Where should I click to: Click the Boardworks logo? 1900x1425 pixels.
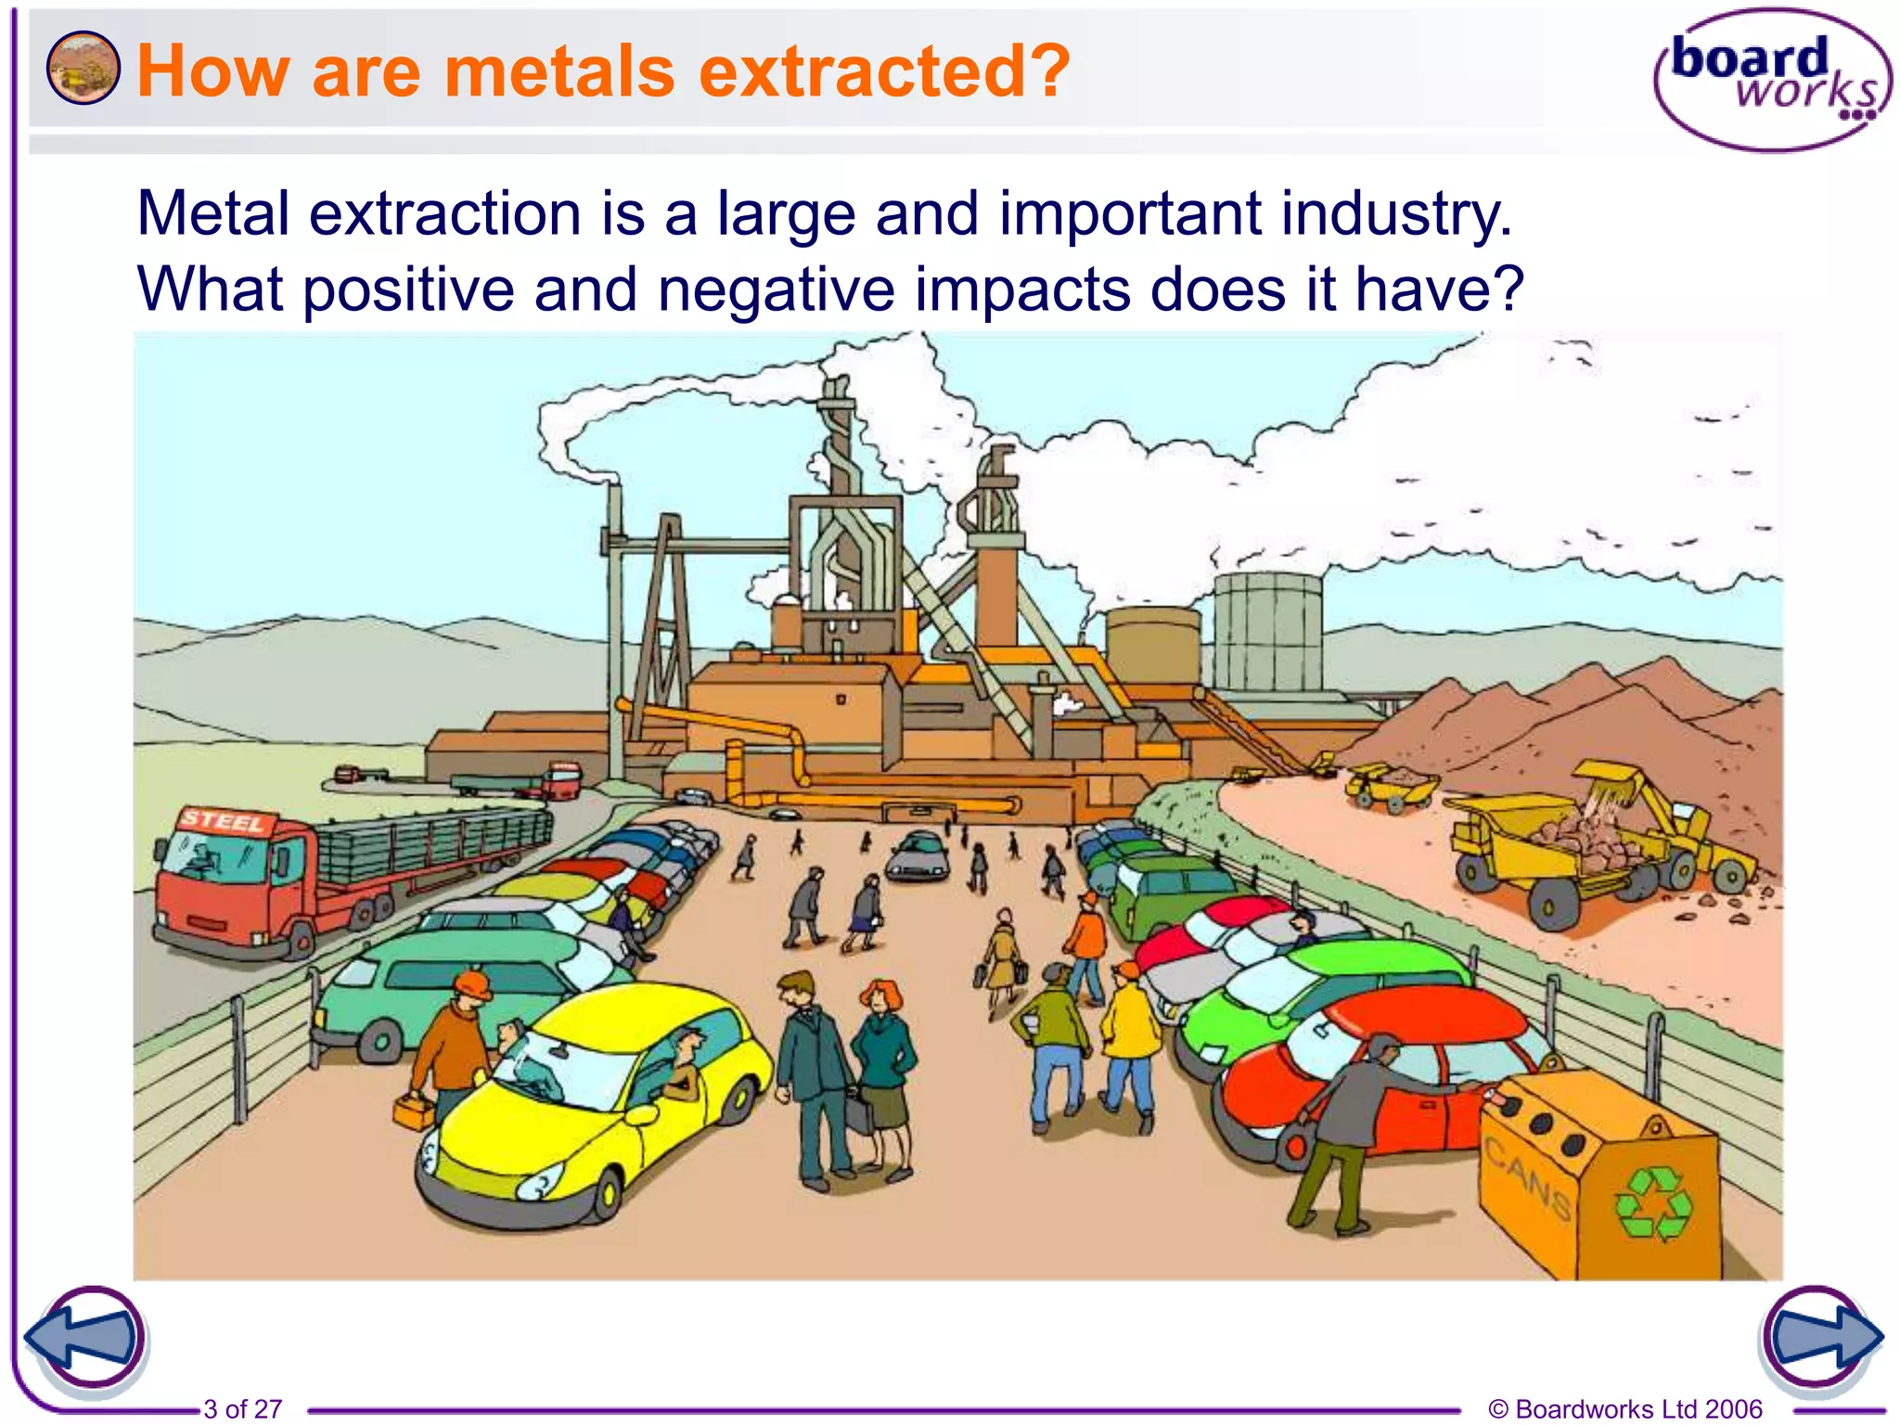[x=1772, y=80]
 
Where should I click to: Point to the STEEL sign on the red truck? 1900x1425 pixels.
[x=223, y=821]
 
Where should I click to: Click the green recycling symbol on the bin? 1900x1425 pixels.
[x=1653, y=1203]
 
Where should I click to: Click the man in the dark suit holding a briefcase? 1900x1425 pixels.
[x=810, y=1076]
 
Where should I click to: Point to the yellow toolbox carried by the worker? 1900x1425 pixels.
[x=414, y=1110]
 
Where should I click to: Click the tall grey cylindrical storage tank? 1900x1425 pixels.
[x=1267, y=631]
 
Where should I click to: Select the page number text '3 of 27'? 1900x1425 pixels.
[x=242, y=1409]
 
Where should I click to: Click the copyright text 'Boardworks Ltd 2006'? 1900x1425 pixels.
[x=1637, y=1409]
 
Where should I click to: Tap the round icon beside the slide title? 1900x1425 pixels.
[x=83, y=68]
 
